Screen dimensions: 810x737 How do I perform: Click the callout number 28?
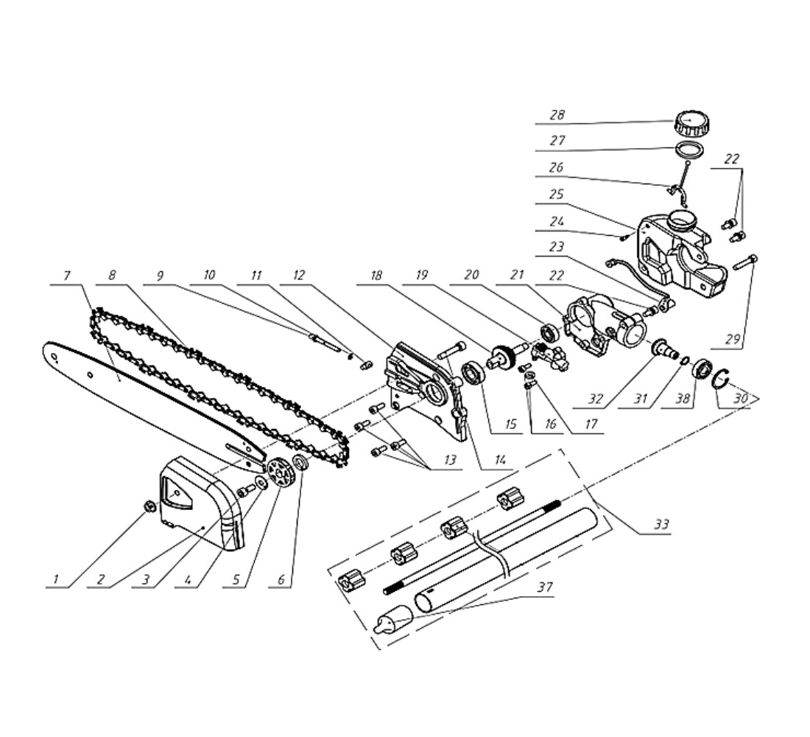click(557, 115)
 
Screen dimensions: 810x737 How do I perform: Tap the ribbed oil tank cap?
click(691, 123)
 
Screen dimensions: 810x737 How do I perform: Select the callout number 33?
click(662, 525)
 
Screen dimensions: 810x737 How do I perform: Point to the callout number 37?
click(544, 587)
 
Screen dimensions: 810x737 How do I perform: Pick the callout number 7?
click(66, 276)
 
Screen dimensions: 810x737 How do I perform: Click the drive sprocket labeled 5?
click(280, 472)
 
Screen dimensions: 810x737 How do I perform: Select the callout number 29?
click(732, 340)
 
